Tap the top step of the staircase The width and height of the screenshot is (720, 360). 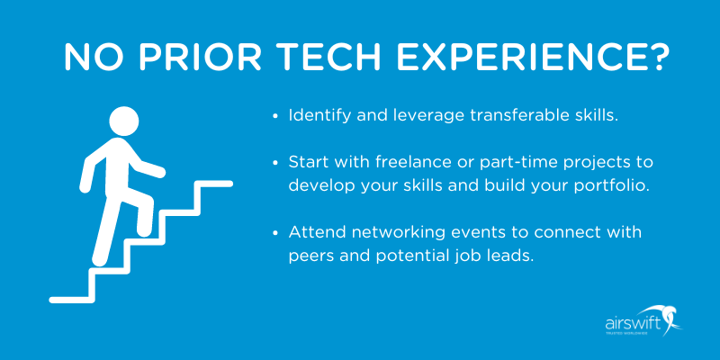(213, 184)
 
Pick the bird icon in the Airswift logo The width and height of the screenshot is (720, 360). (670, 317)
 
